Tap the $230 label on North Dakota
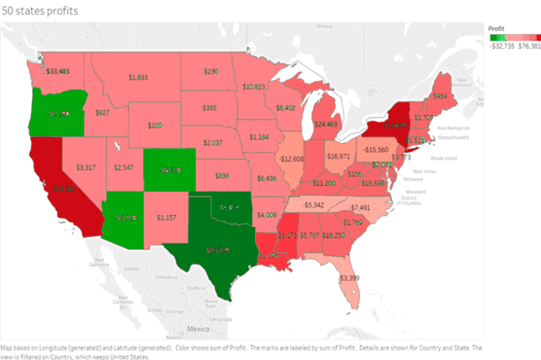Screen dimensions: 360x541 pos(211,71)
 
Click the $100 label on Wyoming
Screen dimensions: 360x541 pos(154,126)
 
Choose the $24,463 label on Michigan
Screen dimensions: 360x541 pos(326,124)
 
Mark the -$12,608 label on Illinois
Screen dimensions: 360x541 pos(292,160)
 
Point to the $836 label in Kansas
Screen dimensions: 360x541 pos(223,176)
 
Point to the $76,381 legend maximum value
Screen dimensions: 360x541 pos(527,46)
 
